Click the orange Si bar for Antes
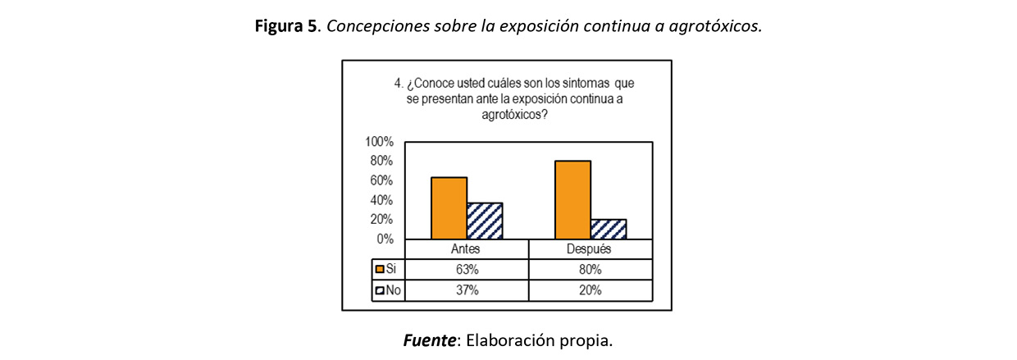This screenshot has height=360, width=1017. [x=449, y=207]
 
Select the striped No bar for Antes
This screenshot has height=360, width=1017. [x=485, y=221]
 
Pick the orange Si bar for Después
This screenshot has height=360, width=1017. [x=572, y=199]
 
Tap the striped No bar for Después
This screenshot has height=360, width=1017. [x=609, y=229]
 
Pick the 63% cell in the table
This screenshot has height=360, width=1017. [x=466, y=269]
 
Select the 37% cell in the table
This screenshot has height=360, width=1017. [x=466, y=289]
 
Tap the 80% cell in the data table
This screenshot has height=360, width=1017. [x=590, y=269]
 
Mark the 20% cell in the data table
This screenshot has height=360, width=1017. [x=590, y=289]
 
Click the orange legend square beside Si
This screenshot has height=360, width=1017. [x=379, y=269]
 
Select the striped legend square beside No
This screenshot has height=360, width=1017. [x=379, y=289]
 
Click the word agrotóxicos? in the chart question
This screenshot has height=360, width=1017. [x=514, y=116]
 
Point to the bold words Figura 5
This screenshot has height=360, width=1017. [x=286, y=26]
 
